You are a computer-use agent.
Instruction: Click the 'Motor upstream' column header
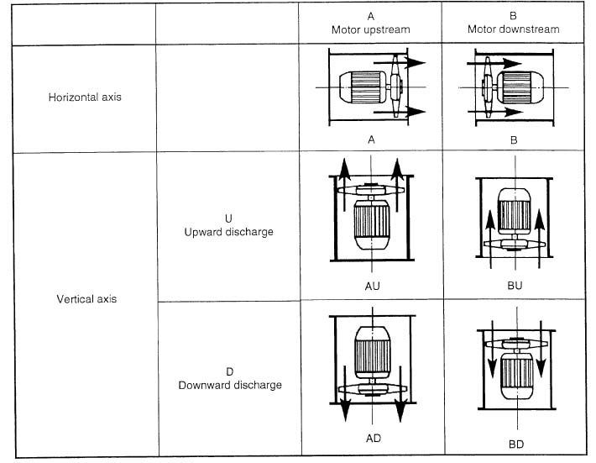point(370,29)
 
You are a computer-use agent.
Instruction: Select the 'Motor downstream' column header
point(513,29)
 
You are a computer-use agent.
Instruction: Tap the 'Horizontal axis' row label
point(85,97)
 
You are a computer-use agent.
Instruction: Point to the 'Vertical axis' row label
point(86,298)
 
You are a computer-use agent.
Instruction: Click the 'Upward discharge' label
point(228,232)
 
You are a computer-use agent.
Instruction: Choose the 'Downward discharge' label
point(230,385)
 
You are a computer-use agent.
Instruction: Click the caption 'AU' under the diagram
point(372,286)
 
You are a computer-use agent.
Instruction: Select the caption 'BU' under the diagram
point(515,286)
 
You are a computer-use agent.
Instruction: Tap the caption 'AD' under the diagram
point(374,439)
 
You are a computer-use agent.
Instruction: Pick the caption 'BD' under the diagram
point(515,444)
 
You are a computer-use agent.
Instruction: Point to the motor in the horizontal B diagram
point(520,87)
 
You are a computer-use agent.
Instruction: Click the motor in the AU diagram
point(372,224)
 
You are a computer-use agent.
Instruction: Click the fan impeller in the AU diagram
point(370,189)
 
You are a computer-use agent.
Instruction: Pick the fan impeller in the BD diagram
point(516,344)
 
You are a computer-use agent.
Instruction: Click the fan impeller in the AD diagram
point(373,389)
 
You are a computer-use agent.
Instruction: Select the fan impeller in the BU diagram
point(515,244)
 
